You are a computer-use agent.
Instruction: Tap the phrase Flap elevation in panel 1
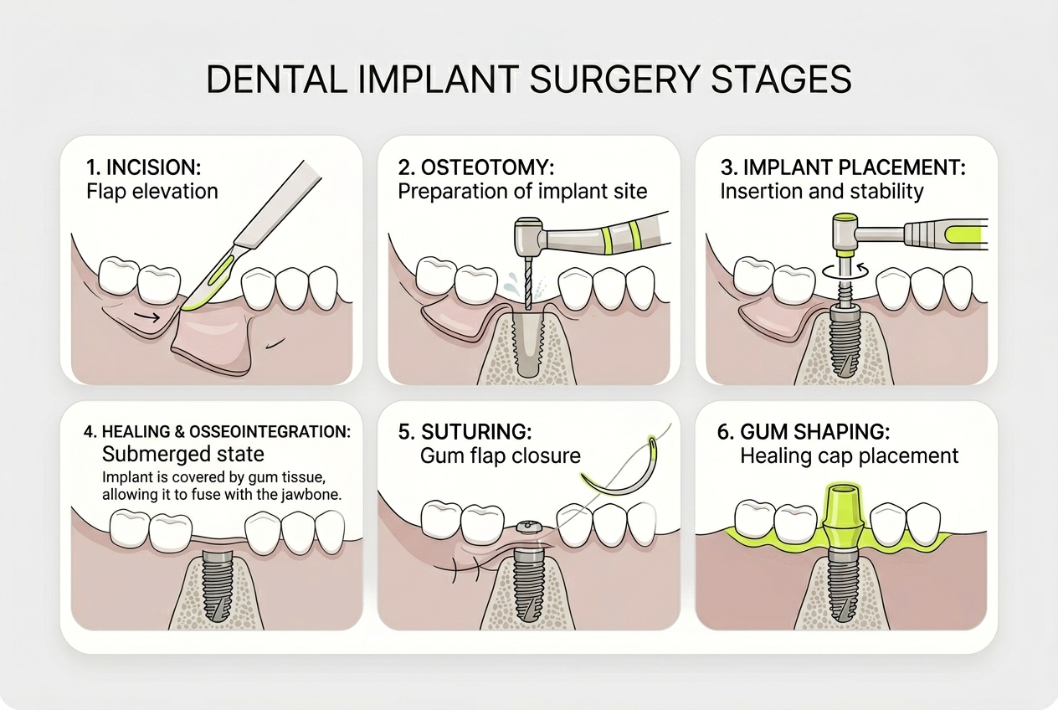(x=152, y=191)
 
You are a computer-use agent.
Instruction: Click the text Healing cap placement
(x=849, y=456)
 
